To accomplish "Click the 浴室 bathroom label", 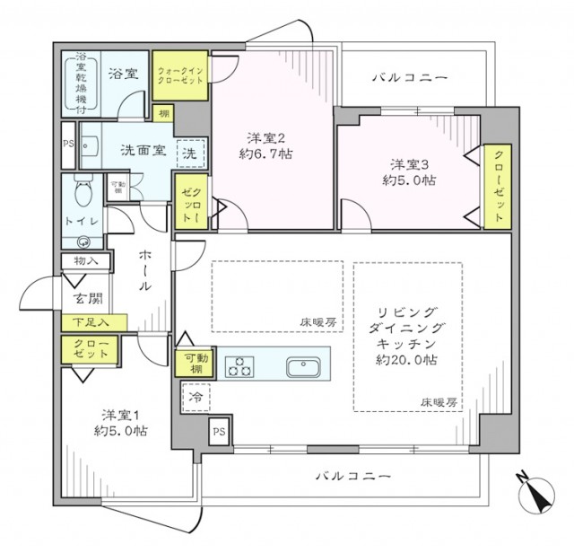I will [x=124, y=74].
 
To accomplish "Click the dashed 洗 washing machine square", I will [x=191, y=152].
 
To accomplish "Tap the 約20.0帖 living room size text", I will [x=405, y=359].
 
